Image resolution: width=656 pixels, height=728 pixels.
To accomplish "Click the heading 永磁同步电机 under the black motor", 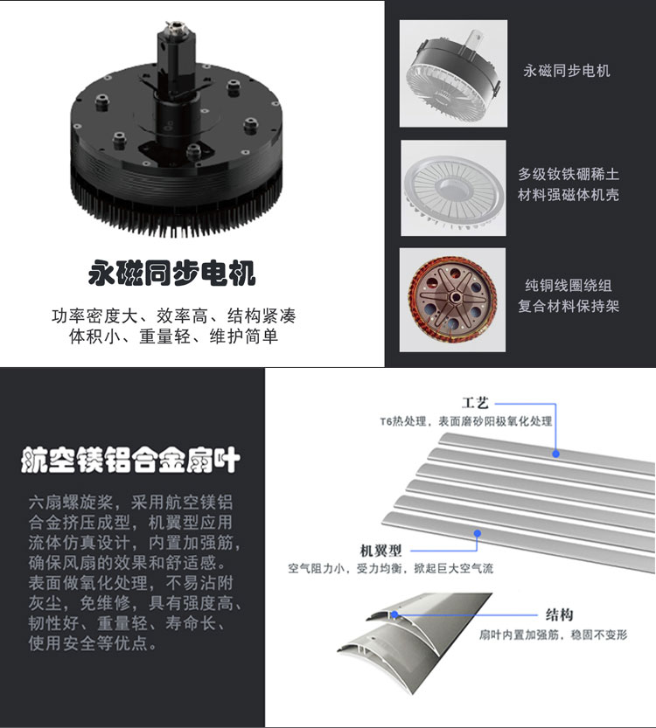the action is coord(172,274).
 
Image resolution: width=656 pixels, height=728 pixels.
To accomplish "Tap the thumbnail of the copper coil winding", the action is coord(452,300).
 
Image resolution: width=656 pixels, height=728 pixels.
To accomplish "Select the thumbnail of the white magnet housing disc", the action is coord(453,188).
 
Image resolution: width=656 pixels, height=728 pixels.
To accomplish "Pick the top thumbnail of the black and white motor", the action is coord(453,73).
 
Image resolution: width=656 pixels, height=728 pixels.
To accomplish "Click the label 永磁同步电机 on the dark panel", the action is coord(567,71).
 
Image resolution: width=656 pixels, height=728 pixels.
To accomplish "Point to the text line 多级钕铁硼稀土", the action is coord(569,174).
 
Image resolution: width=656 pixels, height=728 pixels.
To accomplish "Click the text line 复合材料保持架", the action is coord(569,306).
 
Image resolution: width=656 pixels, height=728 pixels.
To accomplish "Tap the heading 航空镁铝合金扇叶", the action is coord(130,460).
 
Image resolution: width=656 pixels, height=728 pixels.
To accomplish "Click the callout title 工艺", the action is coord(475,403).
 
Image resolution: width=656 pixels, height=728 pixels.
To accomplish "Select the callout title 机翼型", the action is coord(381,551).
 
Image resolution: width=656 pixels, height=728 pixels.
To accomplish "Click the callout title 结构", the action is coord(560,614).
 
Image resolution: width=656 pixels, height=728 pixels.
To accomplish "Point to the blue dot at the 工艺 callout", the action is coord(555,454).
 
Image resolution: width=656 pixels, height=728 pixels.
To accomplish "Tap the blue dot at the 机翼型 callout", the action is coord(478,533).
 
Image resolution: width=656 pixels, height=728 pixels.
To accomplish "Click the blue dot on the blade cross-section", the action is coord(394,614).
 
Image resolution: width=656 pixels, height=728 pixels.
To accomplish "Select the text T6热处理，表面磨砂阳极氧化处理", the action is coord(466,421).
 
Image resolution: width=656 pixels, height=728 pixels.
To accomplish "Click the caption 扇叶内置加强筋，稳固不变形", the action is coord(554,634).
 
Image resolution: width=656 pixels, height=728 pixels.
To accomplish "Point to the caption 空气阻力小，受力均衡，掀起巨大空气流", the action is coord(391,568).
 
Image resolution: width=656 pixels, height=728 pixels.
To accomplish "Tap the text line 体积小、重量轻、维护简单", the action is coord(174,336).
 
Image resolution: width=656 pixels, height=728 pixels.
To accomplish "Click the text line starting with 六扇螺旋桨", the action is coord(130,503).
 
